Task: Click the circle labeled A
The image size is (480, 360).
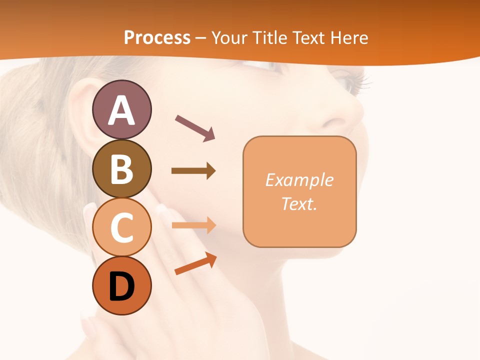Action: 122,109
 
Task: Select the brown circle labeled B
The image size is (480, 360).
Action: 122,168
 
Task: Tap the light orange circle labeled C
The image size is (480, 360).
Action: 122,227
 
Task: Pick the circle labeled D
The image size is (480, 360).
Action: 122,285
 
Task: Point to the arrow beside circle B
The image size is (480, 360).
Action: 193,171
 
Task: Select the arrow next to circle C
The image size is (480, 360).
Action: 193,225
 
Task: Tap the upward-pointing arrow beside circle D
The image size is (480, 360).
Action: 195,264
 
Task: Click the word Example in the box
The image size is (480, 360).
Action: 299,180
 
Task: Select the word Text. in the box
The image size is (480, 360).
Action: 299,203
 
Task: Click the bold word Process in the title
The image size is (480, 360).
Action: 157,37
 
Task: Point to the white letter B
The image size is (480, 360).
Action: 122,168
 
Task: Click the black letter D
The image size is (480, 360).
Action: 122,286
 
